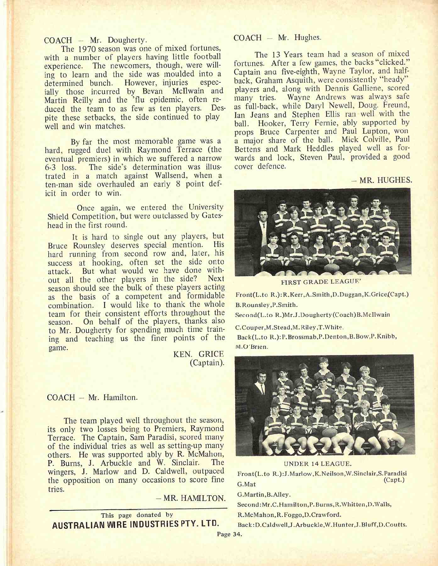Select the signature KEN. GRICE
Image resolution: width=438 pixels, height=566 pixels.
point(198,354)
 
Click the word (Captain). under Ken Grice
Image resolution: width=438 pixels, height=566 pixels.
point(207,363)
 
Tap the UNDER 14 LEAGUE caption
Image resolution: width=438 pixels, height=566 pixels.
point(318,464)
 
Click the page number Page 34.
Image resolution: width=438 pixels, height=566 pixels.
point(229,534)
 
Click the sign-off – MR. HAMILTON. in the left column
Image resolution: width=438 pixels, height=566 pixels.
point(194,498)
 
